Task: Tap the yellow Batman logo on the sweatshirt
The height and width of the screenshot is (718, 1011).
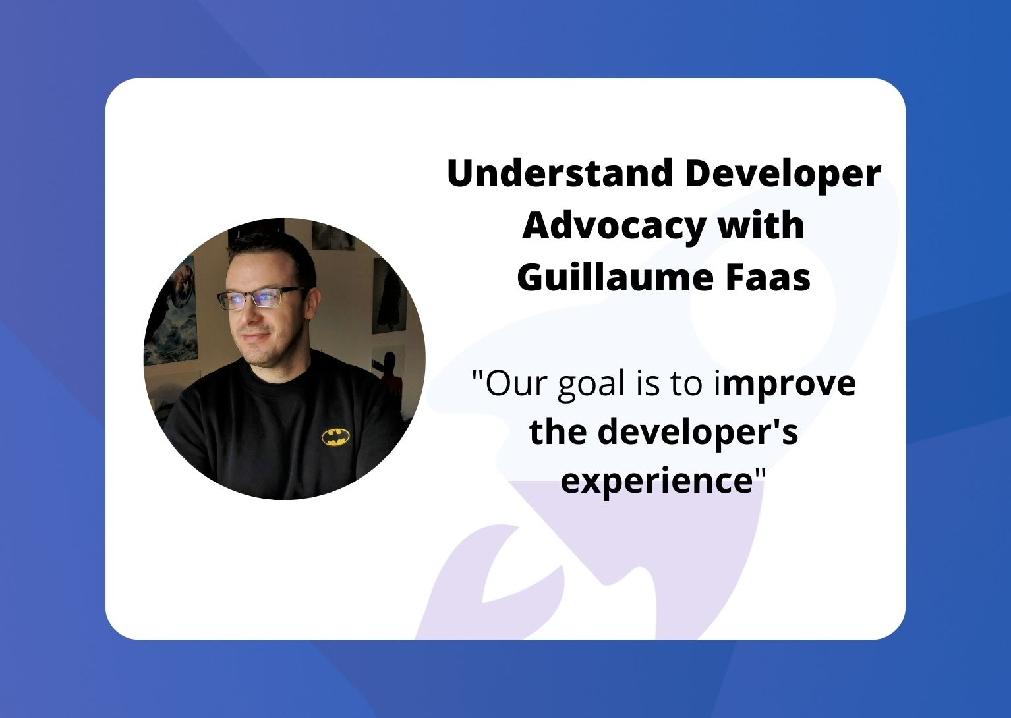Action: click(x=335, y=437)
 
